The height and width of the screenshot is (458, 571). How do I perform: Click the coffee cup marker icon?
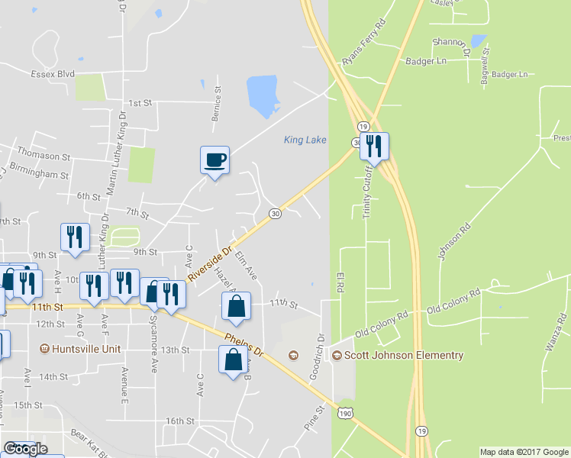coord(215,160)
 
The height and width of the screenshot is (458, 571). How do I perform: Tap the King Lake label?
coord(305,140)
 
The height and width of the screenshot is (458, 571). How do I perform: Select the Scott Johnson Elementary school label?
coord(403,356)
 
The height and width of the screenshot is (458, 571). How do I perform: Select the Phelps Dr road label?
coord(244,344)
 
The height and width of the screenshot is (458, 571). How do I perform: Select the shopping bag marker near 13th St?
coord(233,360)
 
